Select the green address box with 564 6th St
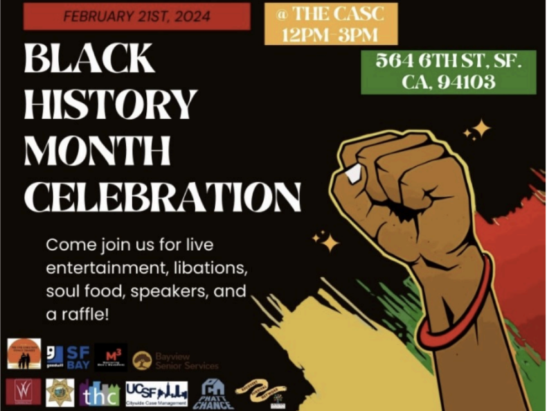click(448, 72)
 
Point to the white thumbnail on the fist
click(354, 173)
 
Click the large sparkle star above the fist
click(480, 128)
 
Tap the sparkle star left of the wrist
click(329, 242)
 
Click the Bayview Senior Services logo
click(175, 360)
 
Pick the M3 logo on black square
click(111, 357)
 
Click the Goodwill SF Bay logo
click(67, 357)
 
